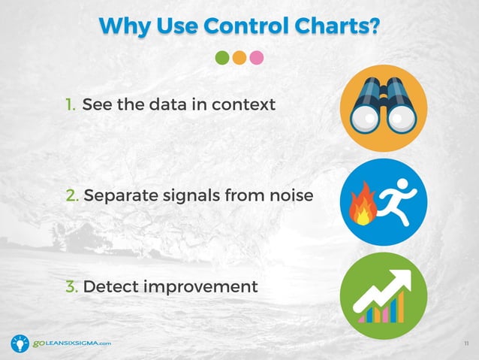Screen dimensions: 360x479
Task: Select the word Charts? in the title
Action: click(x=333, y=26)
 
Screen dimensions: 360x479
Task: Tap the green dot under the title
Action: click(x=222, y=58)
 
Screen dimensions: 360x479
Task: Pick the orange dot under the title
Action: click(x=239, y=58)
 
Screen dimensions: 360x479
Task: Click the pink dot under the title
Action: click(x=257, y=58)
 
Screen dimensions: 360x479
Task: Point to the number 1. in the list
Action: click(x=70, y=104)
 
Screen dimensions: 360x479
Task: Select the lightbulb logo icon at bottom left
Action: click(x=20, y=343)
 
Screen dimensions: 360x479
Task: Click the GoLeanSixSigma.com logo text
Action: click(x=71, y=343)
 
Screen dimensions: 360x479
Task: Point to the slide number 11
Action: click(x=466, y=344)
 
